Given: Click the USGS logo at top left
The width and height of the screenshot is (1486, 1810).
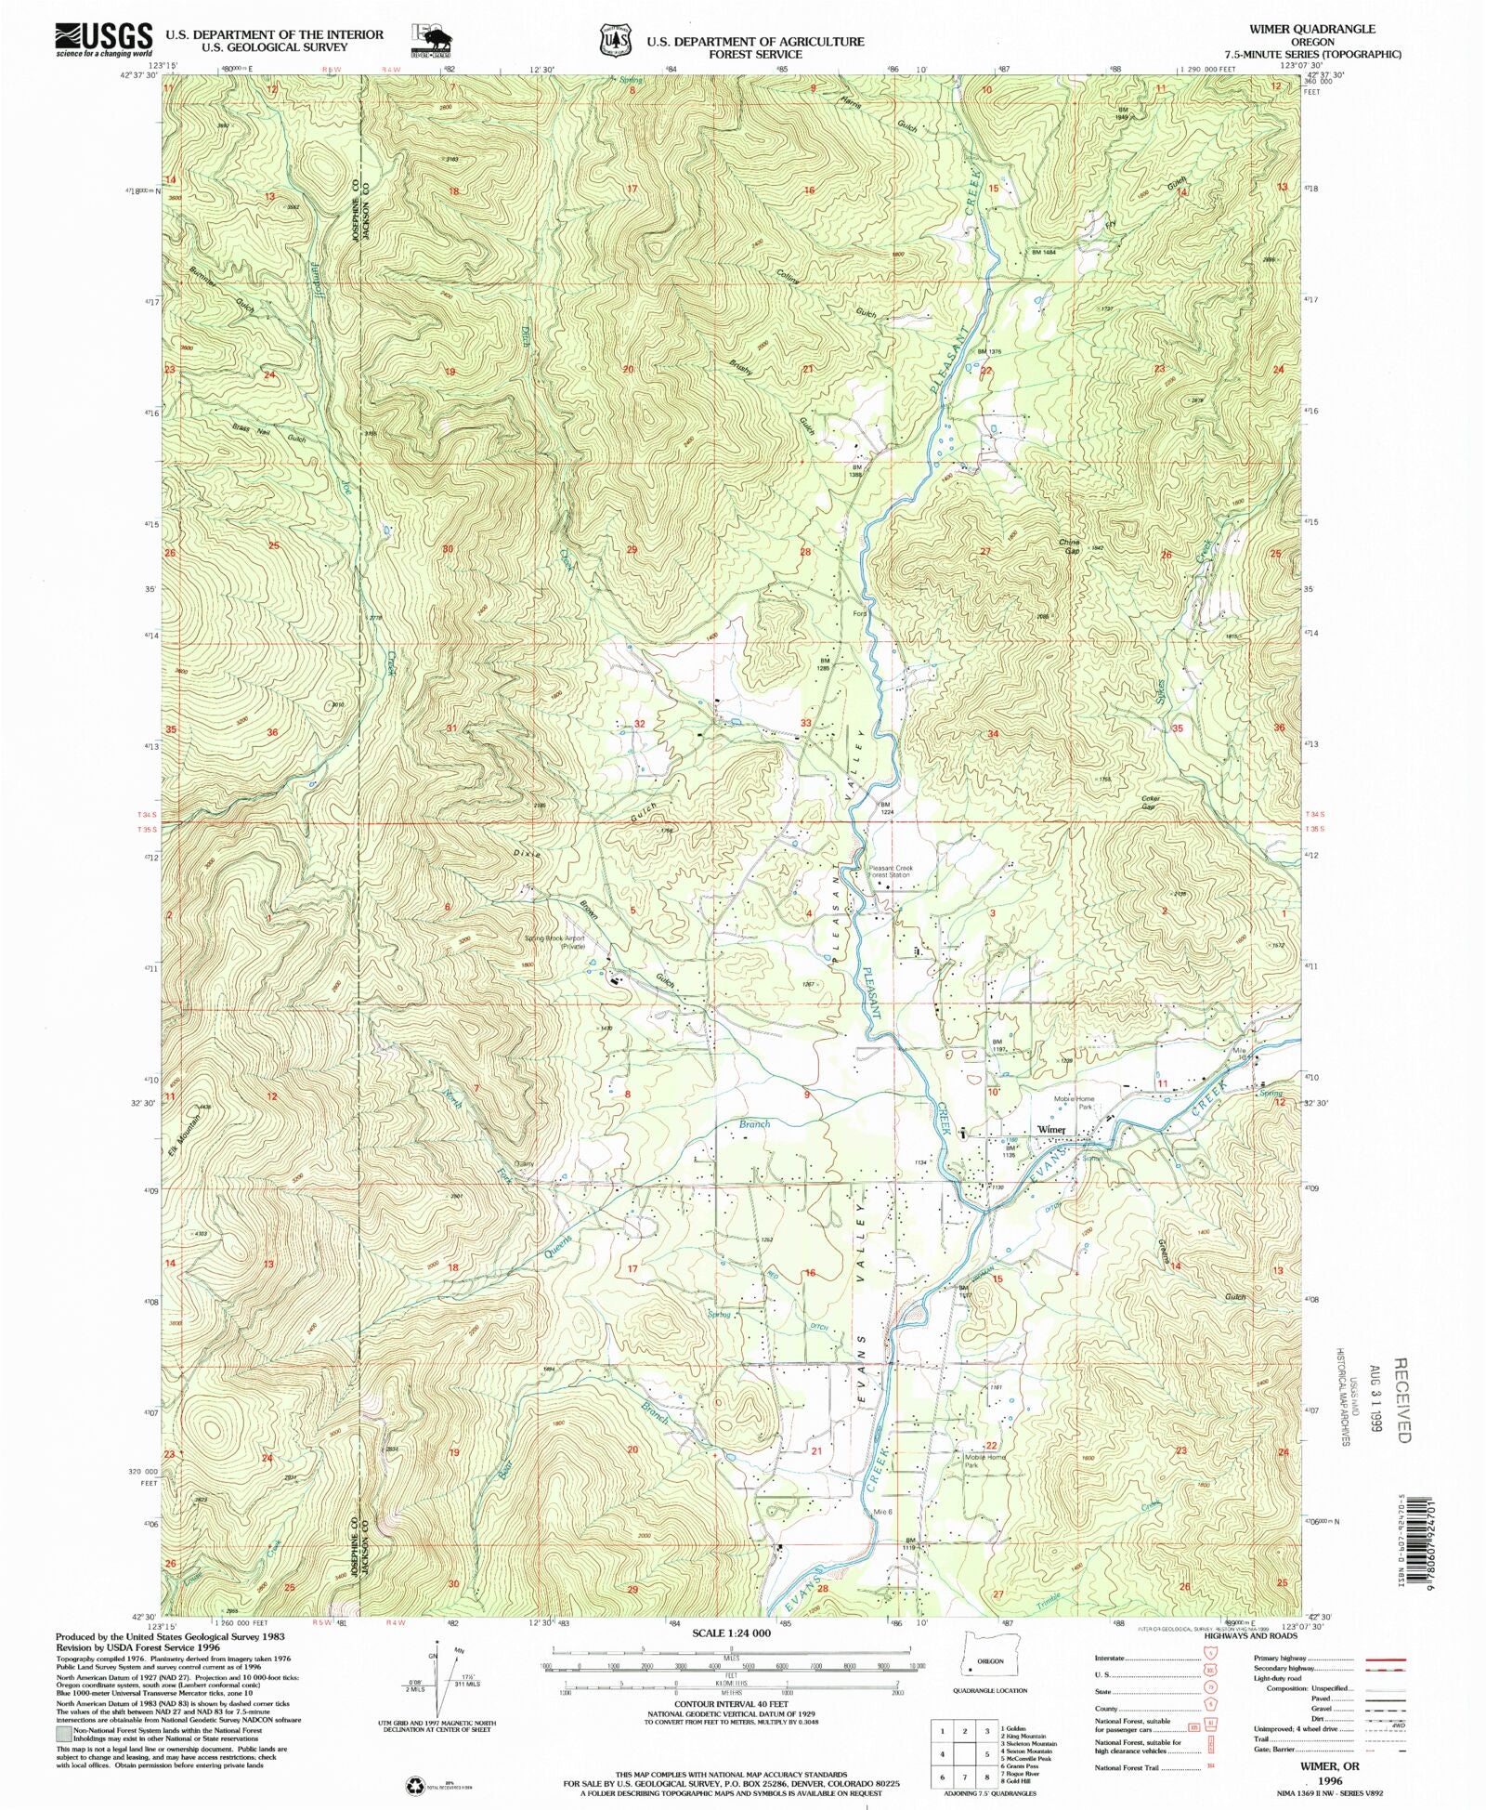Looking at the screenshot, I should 103,39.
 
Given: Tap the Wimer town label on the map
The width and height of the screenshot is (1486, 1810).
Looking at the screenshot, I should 1051,1130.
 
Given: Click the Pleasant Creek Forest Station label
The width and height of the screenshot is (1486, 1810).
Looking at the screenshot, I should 891,872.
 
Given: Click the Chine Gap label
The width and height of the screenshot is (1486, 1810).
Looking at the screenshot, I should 1070,546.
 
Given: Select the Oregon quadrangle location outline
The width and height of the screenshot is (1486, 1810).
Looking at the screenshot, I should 988,1662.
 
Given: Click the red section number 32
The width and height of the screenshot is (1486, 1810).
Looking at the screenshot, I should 639,723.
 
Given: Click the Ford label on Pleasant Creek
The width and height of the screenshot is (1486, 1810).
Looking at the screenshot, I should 860,613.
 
